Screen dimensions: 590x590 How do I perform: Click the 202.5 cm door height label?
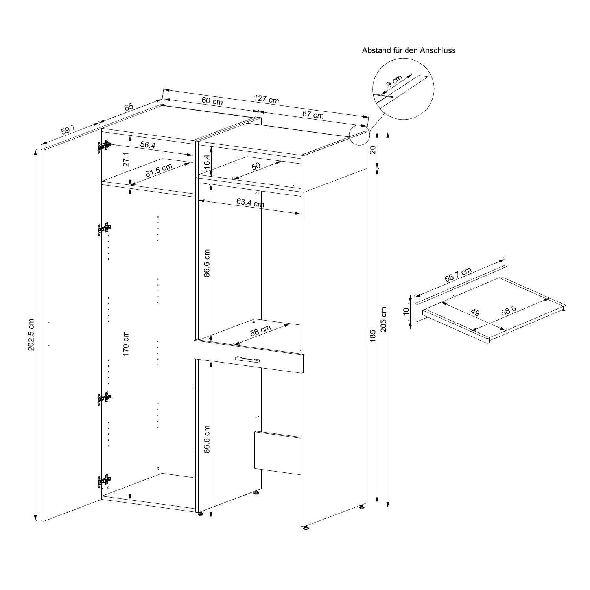coord(31,335)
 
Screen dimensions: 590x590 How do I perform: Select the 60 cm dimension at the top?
coord(212,101)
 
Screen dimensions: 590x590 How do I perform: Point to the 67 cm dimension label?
coord(313,114)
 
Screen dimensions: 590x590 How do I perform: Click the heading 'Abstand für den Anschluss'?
coord(409,50)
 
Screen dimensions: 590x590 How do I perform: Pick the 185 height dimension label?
coord(373,336)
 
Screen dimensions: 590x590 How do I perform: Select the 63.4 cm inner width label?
coord(250,203)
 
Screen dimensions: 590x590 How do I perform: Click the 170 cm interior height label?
coord(126,344)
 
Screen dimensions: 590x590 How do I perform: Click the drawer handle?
coord(247,359)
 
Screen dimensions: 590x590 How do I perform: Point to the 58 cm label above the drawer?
coord(260,331)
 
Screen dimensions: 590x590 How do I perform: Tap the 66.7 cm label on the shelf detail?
coord(458,275)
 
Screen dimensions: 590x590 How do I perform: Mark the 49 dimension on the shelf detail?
coord(475,313)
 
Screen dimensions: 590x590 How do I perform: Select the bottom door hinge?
coord(104,481)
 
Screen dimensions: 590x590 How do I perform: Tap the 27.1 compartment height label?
coord(126,159)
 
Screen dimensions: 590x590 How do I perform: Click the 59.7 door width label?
coord(68,129)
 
